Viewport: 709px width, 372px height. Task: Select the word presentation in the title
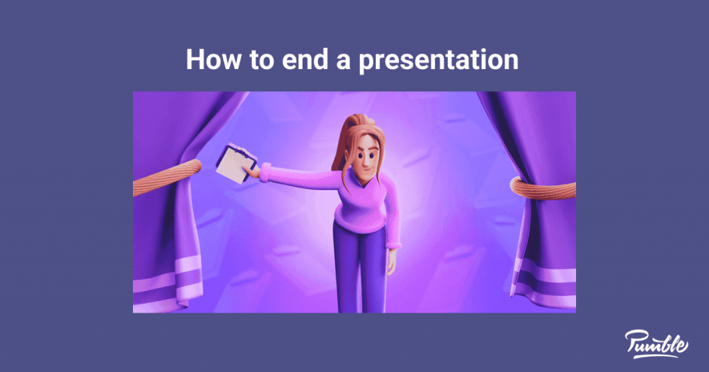pyautogui.click(x=438, y=61)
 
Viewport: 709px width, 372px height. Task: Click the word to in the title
pyautogui.click(x=259, y=59)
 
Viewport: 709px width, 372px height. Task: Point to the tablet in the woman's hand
pyautogui.click(x=235, y=163)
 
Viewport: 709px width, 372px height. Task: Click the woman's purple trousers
pyautogui.click(x=360, y=270)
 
